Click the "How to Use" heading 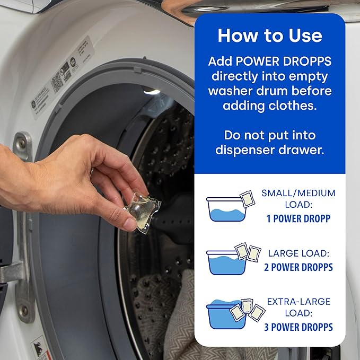point(269,36)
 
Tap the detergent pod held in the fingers point(137,207)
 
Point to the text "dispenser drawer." point(269,150)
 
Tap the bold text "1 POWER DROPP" point(298,218)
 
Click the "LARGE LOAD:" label point(298,253)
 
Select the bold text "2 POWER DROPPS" point(298,267)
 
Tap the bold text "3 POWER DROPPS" point(298,327)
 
